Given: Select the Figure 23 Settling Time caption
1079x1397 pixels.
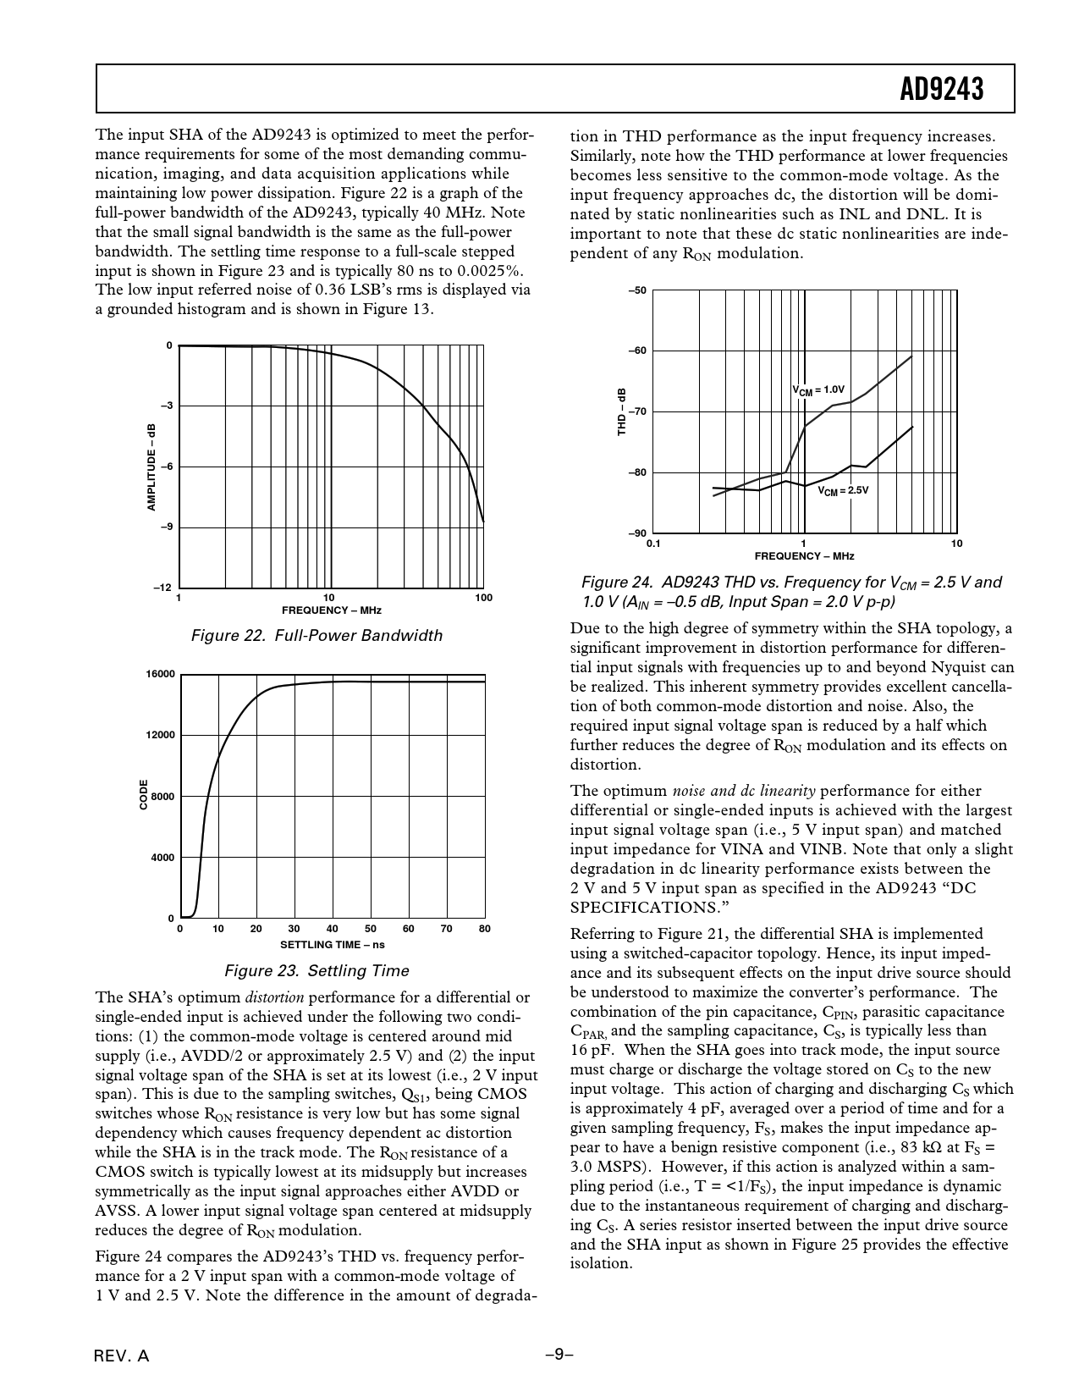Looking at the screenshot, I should tap(317, 971).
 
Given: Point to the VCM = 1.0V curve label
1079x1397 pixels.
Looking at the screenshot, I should tap(818, 390).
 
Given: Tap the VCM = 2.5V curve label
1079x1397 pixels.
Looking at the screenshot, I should tap(843, 490).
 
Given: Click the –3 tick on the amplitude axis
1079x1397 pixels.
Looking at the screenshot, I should tap(169, 406).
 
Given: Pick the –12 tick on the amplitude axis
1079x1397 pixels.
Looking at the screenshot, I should tap(164, 588).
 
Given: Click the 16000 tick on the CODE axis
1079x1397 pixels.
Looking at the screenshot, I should tap(160, 674).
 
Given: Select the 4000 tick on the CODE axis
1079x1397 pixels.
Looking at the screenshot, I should tap(162, 858).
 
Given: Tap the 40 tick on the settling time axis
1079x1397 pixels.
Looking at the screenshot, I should tap(333, 929).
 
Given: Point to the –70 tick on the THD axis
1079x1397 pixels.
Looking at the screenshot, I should tap(637, 411).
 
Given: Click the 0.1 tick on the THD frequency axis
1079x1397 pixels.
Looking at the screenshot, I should tap(653, 544).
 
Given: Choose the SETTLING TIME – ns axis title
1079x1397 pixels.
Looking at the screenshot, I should tap(332, 945).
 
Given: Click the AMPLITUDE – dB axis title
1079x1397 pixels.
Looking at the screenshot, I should tap(151, 467).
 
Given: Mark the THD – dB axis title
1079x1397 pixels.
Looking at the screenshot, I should tap(621, 412).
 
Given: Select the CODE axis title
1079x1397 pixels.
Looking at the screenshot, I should tap(144, 796).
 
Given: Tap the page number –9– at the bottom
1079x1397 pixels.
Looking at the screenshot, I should tap(559, 1355).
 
